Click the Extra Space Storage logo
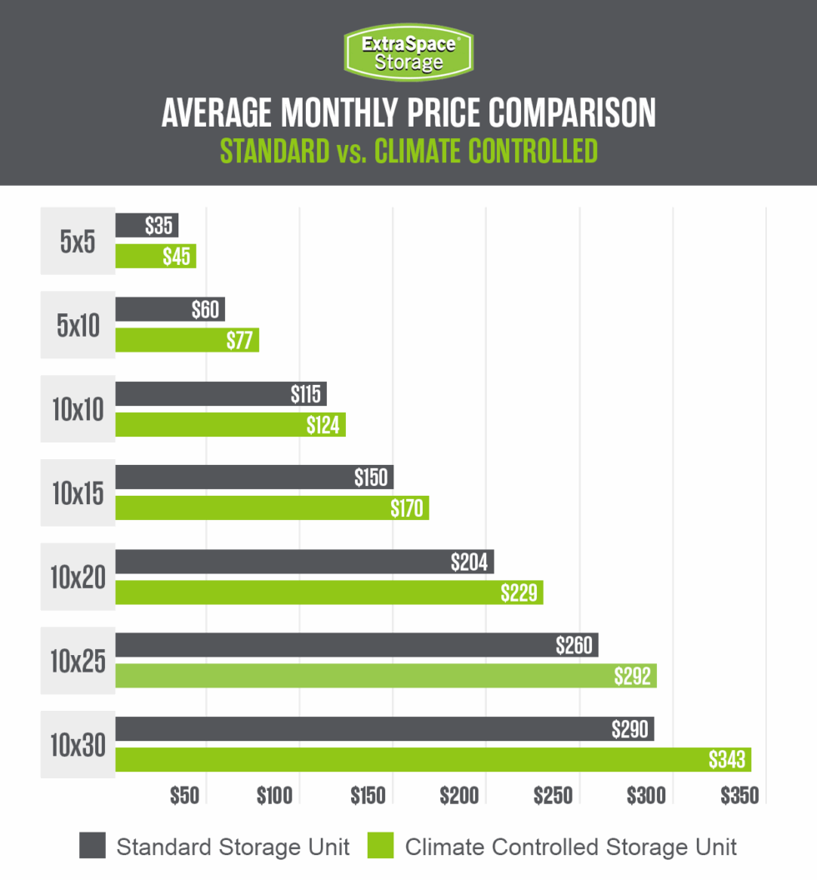[x=408, y=52]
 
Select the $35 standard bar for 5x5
[x=147, y=225]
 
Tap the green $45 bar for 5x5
[x=155, y=256]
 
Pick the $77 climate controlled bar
[x=187, y=340]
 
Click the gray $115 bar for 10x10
[x=221, y=393]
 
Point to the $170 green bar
[x=272, y=507]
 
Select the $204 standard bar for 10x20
[x=304, y=562]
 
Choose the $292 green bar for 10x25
[x=386, y=676]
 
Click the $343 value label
[x=727, y=760]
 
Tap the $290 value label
[x=629, y=729]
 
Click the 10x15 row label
[x=78, y=493]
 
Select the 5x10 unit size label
[x=78, y=325]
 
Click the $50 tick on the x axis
[x=184, y=796]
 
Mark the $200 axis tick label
[x=461, y=796]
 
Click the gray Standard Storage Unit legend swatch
[x=93, y=847]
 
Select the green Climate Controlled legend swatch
[x=381, y=847]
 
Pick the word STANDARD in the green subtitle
[x=274, y=152]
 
